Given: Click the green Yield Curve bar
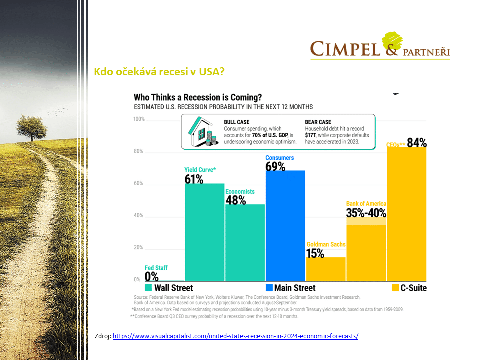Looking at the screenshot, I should click(x=205, y=232).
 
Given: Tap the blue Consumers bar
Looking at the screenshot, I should click(x=285, y=226).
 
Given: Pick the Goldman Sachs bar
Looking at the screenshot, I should click(x=326, y=269).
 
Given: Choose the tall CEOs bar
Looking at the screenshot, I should click(x=407, y=214).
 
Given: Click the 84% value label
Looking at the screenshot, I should click(x=417, y=143).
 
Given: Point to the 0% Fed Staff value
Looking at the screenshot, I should click(x=151, y=276).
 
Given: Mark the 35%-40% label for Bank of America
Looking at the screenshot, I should click(x=366, y=213).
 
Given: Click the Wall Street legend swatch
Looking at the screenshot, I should click(x=148, y=288).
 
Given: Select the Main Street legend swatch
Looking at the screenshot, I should click(x=269, y=288).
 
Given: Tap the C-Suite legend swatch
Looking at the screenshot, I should click(x=395, y=288).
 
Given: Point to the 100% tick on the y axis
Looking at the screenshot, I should click(x=139, y=119).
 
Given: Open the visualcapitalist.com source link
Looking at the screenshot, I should click(x=235, y=336).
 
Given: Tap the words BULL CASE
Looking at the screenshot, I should click(x=237, y=122).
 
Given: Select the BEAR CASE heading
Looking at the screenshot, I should click(x=318, y=122).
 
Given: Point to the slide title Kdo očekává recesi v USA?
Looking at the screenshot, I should click(x=159, y=72).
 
